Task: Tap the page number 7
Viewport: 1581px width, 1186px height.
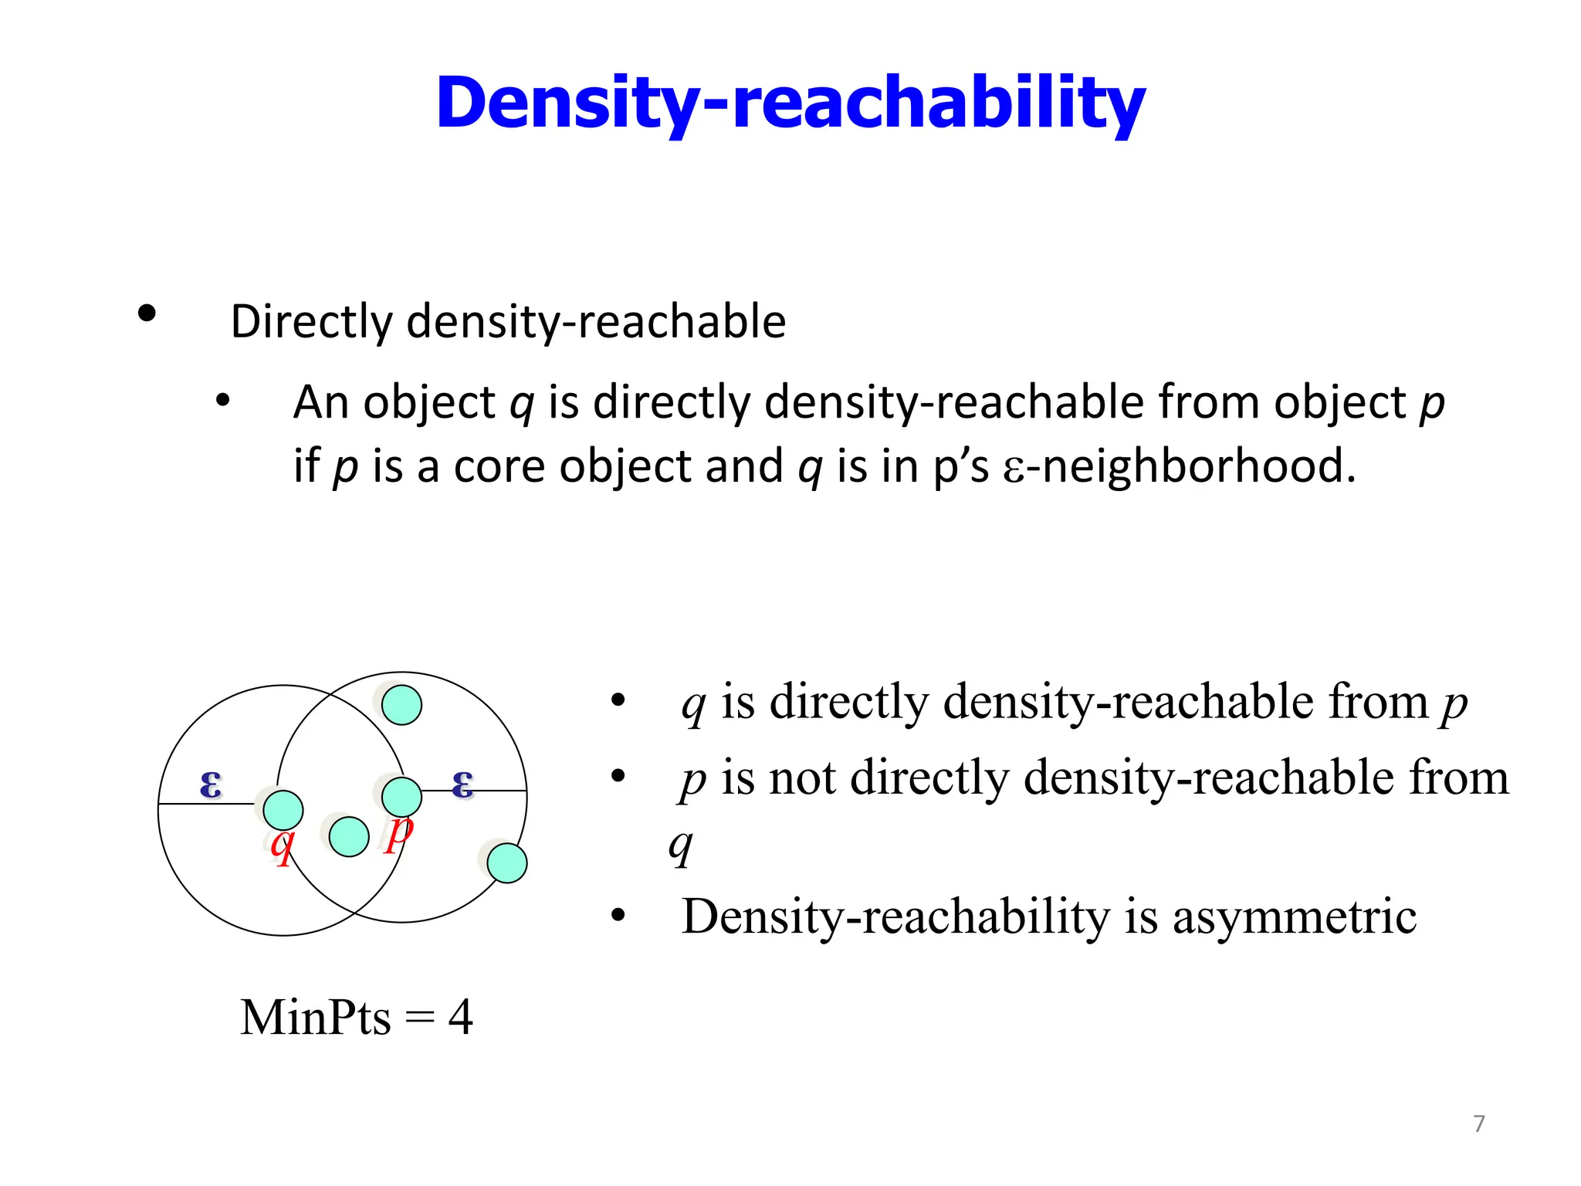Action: point(1478,1123)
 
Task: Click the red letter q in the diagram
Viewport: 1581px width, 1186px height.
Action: point(283,845)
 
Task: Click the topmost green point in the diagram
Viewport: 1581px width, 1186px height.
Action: point(401,704)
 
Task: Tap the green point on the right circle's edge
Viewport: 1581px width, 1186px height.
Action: point(507,862)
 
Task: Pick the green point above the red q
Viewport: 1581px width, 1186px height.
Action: point(283,810)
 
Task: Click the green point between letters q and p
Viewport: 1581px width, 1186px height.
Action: point(349,836)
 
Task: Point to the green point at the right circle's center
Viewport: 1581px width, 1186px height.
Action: point(401,796)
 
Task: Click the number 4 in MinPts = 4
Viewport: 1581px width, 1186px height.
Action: point(460,1017)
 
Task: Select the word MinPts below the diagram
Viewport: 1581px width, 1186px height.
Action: point(315,1017)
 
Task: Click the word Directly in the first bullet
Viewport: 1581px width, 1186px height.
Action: point(312,321)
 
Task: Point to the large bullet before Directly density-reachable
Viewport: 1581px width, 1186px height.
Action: point(146,313)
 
